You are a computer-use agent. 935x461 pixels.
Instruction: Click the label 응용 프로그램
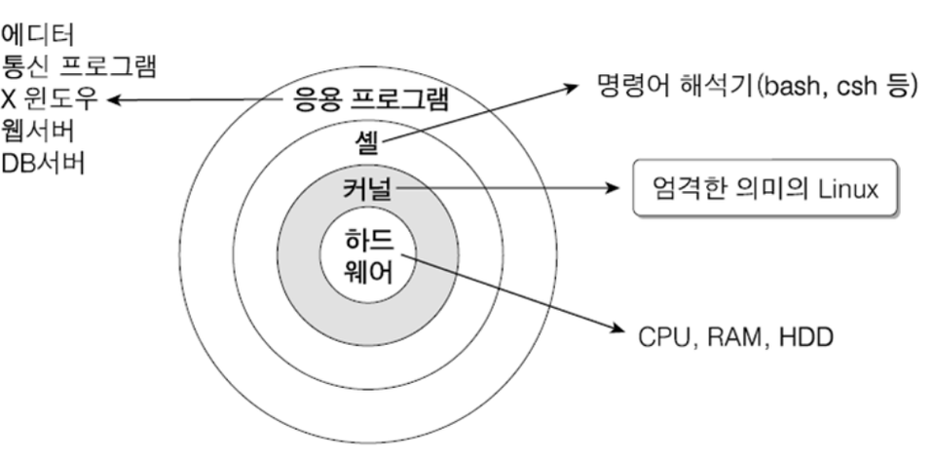[x=371, y=99]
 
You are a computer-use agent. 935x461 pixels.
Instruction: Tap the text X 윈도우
[x=50, y=99]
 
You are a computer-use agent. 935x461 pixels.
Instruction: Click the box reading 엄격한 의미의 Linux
[x=764, y=188]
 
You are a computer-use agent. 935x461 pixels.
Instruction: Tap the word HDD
[x=800, y=337]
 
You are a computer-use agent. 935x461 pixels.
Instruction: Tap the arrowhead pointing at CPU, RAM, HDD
[x=615, y=331]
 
